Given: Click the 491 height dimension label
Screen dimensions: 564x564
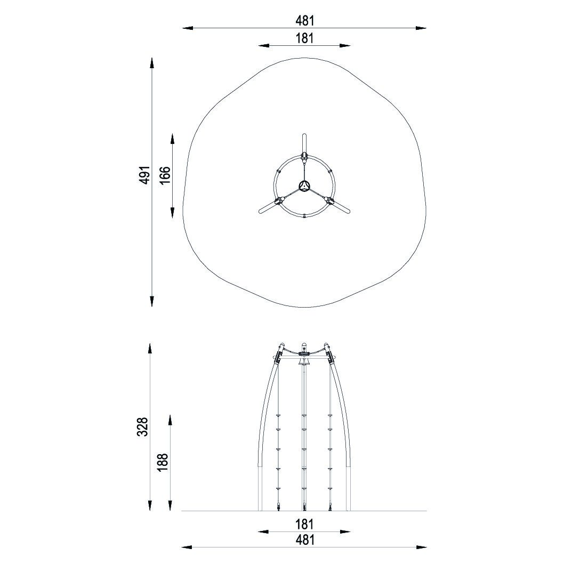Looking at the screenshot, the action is coord(144,175).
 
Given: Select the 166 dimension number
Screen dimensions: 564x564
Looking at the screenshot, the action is coord(165,175).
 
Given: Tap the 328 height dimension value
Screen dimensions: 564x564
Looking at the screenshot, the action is coord(142,427).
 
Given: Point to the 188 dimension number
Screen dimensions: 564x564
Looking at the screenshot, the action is coord(163,462).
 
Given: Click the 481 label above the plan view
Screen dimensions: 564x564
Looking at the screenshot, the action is coord(305,21).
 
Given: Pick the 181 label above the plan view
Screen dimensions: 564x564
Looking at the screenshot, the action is coord(305,38).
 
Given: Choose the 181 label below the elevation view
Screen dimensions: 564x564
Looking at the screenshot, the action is coord(305,525).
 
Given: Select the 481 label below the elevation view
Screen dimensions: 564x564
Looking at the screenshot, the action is coord(305,540).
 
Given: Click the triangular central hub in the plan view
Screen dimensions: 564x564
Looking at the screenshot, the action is coord(304,185).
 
